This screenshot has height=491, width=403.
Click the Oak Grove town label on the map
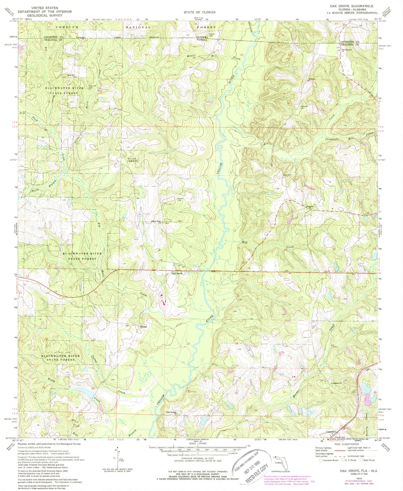[177, 274]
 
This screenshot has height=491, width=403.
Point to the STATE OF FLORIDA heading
[199, 12]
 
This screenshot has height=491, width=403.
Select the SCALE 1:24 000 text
[198, 443]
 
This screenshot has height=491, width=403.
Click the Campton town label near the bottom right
[331, 432]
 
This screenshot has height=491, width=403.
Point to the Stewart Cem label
[180, 199]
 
